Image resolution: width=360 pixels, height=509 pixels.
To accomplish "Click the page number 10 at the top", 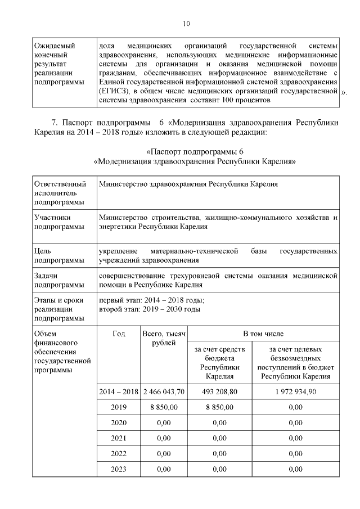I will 187,24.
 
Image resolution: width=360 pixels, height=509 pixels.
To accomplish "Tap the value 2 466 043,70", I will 164,391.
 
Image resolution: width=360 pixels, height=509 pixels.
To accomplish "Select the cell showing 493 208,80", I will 219,391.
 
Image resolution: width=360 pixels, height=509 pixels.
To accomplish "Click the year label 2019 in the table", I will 118,407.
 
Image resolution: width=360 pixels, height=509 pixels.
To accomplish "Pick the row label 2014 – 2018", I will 118,391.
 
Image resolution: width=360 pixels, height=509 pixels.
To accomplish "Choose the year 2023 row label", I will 118,469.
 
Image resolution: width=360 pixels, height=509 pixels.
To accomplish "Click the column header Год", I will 118,334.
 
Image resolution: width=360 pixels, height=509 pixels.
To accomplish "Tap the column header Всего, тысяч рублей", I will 164,339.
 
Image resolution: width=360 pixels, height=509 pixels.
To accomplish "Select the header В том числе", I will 263,334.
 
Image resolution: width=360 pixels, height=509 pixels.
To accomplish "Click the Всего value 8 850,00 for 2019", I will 164,407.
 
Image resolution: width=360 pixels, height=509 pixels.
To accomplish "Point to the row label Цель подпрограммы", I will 55,255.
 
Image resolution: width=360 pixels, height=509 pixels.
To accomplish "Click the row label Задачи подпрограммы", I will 55,281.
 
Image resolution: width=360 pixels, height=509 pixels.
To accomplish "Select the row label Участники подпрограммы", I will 55,222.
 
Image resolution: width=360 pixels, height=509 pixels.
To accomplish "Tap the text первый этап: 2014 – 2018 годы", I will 151,300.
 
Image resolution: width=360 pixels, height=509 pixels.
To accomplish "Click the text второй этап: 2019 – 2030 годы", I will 149,309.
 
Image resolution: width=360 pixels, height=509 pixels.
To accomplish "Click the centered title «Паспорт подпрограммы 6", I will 194,152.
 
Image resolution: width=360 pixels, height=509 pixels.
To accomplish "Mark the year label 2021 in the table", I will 118,438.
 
